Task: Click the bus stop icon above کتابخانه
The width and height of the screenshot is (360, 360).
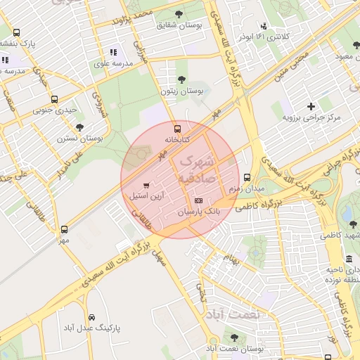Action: [177, 129]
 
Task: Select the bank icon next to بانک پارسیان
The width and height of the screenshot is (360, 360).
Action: [198, 200]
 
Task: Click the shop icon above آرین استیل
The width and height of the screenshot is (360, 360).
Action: [146, 186]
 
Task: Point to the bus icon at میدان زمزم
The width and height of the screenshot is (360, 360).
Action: [246, 178]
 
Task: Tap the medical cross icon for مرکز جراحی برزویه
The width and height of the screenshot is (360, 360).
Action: [311, 105]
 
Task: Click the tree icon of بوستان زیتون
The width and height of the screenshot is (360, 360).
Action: [182, 80]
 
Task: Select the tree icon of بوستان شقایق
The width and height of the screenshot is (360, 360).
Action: [178, 13]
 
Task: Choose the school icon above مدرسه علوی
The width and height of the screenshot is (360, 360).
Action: [112, 52]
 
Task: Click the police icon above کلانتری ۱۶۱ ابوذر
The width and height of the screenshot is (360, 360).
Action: [264, 25]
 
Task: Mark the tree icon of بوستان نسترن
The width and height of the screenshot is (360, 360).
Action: [79, 127]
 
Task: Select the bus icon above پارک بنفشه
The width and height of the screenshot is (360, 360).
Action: [16, 32]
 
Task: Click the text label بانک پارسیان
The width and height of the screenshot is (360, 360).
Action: [198, 211]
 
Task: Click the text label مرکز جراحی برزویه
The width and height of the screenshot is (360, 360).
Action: [311, 117]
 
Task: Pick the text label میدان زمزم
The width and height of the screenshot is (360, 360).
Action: [245, 189]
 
